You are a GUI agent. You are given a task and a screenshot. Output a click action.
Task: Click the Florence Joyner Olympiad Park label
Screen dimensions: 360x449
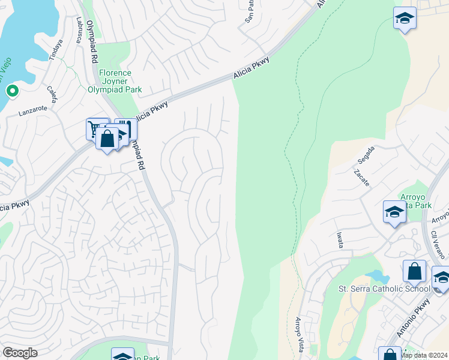point(115,81)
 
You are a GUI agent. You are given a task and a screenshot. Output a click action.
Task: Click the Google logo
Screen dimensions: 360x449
point(20,353)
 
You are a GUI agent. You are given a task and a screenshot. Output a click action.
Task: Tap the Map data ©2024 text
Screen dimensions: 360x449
point(424,355)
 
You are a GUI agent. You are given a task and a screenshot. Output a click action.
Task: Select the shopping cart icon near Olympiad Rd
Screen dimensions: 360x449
point(96,128)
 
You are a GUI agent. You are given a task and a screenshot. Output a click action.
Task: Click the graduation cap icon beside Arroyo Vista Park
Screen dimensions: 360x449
point(394,212)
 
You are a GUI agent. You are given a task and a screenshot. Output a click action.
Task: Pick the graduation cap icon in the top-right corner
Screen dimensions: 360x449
point(405,17)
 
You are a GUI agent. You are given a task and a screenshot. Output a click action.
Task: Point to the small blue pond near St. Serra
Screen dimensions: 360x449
point(377,276)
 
